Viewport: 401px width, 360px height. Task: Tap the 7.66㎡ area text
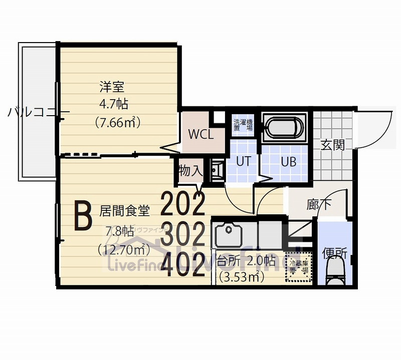point(117,122)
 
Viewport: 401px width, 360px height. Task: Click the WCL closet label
point(201,134)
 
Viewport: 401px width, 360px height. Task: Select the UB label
point(288,162)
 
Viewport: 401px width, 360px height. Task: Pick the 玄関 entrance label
point(332,145)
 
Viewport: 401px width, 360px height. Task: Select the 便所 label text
point(334,253)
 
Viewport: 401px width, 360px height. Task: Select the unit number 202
point(183,203)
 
